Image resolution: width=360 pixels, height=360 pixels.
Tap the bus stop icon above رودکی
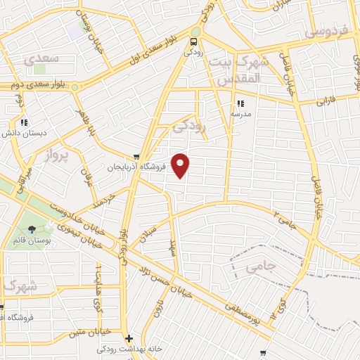tap(194, 41)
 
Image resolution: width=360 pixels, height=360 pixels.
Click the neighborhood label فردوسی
tap(325, 33)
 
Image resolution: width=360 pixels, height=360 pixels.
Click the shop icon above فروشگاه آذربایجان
tap(136, 157)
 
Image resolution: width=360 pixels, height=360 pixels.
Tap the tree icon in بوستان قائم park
tap(31, 229)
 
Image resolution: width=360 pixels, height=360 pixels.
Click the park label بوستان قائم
tap(30, 240)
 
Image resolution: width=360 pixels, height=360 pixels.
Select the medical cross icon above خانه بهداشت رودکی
tap(128, 338)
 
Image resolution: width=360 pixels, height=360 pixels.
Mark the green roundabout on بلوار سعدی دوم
tap(75, 87)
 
